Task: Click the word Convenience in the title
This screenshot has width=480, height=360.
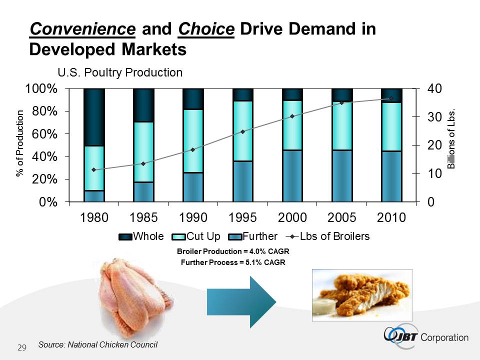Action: pyautogui.click(x=82, y=29)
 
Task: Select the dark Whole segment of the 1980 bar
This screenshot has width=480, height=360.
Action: pyautogui.click(x=94, y=117)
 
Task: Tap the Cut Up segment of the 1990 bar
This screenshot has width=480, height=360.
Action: pyautogui.click(x=193, y=140)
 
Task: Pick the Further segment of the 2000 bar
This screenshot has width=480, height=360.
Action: pyautogui.click(x=292, y=175)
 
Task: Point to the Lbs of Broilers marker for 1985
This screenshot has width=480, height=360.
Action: pyautogui.click(x=143, y=163)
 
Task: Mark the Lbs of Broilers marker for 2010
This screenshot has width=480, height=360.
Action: pyautogui.click(x=391, y=98)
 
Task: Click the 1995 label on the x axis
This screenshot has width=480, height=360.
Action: pyautogui.click(x=242, y=218)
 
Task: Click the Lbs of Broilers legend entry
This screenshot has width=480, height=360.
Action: pyautogui.click(x=328, y=236)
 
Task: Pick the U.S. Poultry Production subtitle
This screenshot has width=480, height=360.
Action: pyautogui.click(x=120, y=72)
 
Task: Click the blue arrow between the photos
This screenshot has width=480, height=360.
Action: pyautogui.click(x=241, y=299)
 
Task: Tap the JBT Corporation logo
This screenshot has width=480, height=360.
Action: pyautogui.click(x=426, y=336)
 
